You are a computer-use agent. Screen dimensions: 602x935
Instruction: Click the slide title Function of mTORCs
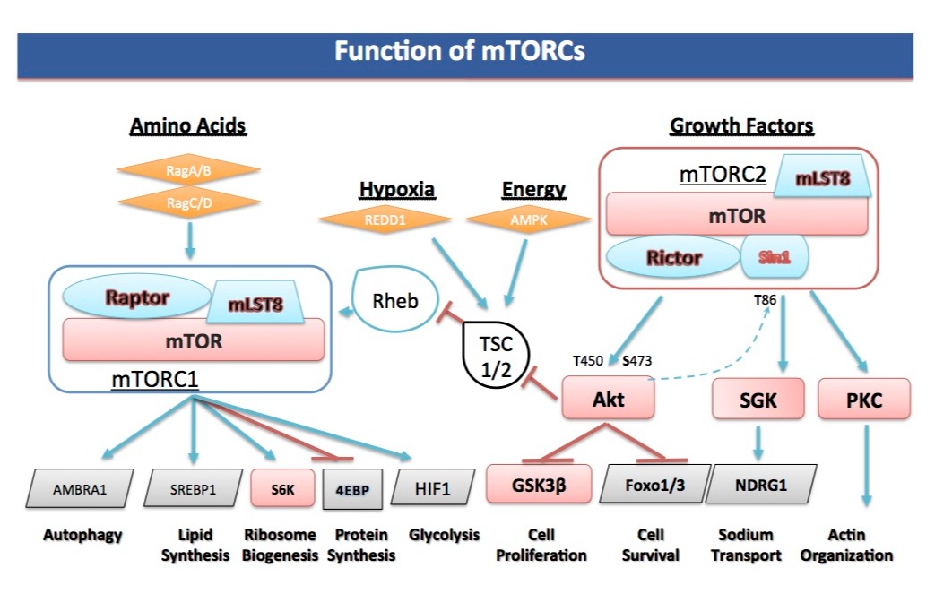tap(459, 51)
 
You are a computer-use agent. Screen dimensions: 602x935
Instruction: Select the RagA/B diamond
tap(188, 169)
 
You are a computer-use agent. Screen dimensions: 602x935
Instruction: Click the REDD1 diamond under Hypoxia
tap(385, 218)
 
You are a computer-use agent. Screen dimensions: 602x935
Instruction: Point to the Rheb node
tap(395, 301)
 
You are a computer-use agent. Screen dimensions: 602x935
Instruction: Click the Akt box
tap(609, 399)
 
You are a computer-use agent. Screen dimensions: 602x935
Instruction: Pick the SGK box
tap(757, 400)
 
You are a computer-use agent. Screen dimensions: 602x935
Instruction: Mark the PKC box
tap(864, 400)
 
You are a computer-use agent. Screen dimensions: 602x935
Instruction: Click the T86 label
tap(767, 300)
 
